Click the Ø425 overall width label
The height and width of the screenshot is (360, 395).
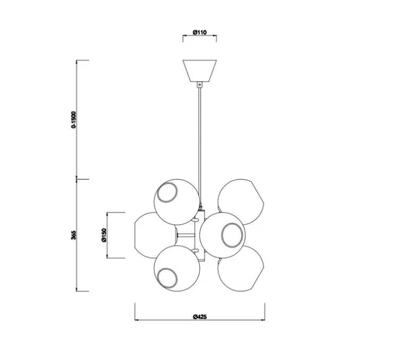click(x=200, y=316)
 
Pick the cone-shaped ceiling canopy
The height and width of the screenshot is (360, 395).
click(x=200, y=69)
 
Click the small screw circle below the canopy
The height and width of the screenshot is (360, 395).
click(x=200, y=84)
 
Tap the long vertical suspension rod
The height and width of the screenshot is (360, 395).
click(x=200, y=138)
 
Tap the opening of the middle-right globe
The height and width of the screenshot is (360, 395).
click(x=234, y=235)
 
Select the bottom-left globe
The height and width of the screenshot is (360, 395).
click(x=177, y=269)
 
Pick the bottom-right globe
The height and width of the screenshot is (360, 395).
click(x=242, y=270)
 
